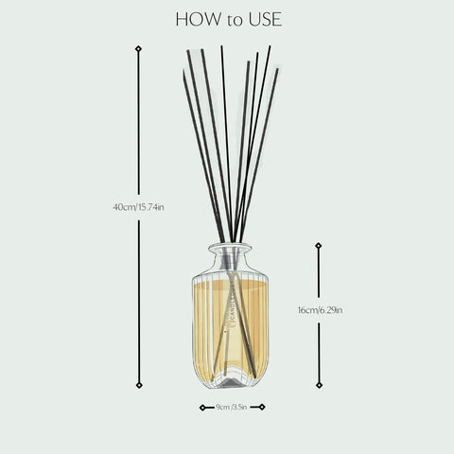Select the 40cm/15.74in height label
point(138,206)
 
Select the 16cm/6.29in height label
point(320,309)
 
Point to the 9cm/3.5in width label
point(231,408)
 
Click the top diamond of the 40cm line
point(139,47)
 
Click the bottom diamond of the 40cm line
point(139,385)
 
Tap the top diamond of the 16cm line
point(318,245)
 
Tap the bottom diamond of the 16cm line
point(318,385)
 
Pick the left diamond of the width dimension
point(202,408)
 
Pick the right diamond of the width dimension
point(262,408)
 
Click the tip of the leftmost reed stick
point(184,71)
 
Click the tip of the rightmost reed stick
point(277,69)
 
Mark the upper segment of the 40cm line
point(139,123)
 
